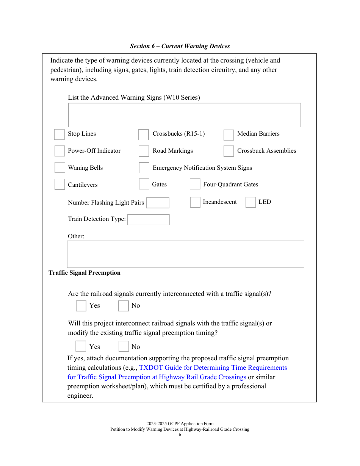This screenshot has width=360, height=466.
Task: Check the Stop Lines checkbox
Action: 59,134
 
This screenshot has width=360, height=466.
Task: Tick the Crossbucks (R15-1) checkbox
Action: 144,135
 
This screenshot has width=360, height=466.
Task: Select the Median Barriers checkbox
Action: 229,135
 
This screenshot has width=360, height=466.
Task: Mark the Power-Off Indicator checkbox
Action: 59,151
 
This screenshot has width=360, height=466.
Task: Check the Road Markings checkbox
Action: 144,151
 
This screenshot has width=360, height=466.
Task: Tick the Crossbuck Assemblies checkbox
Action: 229,151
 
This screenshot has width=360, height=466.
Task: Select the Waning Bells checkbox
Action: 60,167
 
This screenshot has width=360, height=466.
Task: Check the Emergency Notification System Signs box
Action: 144,167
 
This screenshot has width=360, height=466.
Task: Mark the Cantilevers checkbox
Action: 59,184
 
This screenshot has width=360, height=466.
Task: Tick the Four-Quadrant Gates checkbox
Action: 195,184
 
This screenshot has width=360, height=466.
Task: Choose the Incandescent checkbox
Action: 195,202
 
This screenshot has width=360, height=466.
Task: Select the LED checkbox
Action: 250,202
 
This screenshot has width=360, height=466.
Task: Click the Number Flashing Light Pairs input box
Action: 158,203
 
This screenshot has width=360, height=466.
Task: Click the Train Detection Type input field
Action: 148,219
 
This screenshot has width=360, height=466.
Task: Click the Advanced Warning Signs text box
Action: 185,115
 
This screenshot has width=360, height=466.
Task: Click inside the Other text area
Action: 185,254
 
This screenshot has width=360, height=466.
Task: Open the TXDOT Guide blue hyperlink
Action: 213,368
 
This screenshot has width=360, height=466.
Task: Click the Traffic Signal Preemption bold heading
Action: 85,273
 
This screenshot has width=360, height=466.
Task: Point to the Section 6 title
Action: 180,46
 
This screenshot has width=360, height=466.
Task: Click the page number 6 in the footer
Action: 180,435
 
